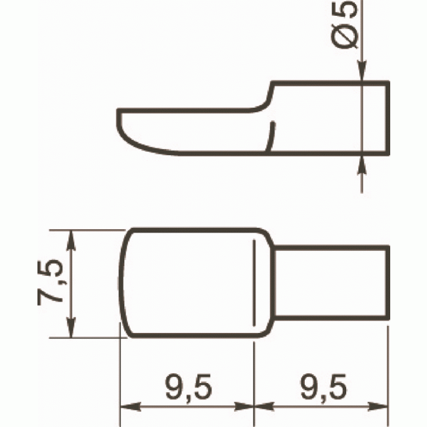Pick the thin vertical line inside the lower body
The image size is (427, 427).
point(253,282)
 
